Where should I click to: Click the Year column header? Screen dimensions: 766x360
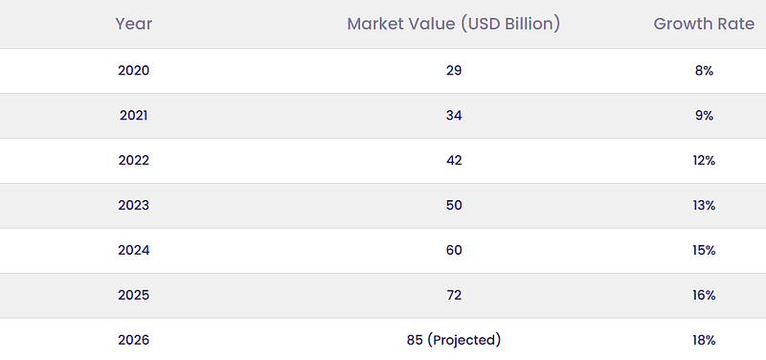pos(133,24)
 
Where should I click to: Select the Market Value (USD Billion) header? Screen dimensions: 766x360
pos(453,24)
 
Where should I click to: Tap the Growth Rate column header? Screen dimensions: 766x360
pos(704,24)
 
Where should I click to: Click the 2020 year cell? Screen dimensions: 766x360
pos(133,71)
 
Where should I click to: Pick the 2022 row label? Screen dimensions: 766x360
pos(133,161)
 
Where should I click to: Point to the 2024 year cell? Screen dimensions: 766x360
pos(133,251)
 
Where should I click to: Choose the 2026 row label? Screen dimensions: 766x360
pos(133,341)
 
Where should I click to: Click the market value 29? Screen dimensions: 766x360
pos(453,71)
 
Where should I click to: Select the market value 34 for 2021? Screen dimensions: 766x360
pos(453,116)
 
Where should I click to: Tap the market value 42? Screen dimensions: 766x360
pos(453,161)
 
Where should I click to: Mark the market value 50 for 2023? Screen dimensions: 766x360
pos(453,206)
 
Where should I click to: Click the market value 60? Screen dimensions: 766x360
pos(453,251)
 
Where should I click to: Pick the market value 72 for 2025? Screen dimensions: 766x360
pos(453,296)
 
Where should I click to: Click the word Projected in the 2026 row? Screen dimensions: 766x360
pos(463,341)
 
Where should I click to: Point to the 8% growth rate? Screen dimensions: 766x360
pos(704,71)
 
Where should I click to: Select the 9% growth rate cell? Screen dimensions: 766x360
pos(704,116)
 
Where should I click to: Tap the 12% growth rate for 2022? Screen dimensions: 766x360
pos(704,161)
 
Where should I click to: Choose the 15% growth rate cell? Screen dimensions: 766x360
pos(704,251)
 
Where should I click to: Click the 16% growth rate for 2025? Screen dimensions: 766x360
pos(704,296)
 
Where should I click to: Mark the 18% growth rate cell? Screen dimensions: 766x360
pos(704,341)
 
